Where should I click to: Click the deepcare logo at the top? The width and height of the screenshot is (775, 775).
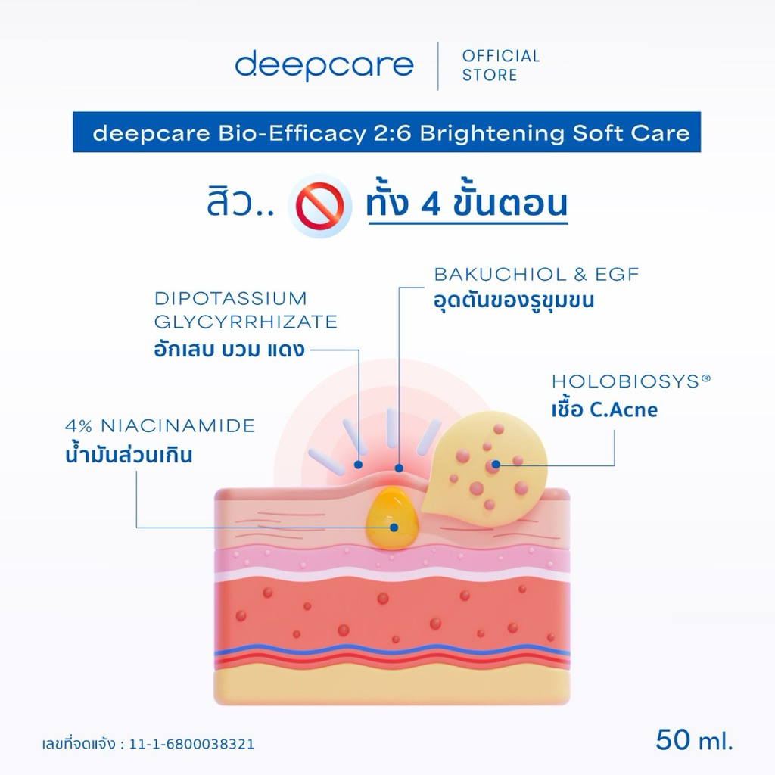point(324,66)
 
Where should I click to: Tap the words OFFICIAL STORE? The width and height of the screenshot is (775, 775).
point(501,65)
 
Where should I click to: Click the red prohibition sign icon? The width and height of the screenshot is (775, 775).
point(320,206)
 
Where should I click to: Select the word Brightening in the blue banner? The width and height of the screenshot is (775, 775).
point(492,133)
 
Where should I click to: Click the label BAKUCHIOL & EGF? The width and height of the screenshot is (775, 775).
point(537,274)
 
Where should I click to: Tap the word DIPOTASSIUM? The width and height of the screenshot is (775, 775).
point(230,298)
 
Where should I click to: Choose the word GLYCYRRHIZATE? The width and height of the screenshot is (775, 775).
point(246,322)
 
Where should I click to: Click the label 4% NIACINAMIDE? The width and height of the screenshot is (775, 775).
point(160,425)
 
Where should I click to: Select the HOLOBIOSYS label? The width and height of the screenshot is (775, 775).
point(631,381)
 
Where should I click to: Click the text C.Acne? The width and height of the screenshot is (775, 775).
point(624,409)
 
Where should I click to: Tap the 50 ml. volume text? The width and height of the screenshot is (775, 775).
point(694,740)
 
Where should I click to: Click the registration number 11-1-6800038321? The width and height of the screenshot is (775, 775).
point(191,745)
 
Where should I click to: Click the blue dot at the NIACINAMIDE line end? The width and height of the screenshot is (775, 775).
point(394,528)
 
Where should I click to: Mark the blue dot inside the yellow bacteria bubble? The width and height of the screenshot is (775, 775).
point(496,464)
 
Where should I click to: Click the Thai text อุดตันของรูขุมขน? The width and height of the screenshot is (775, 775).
point(514,300)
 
